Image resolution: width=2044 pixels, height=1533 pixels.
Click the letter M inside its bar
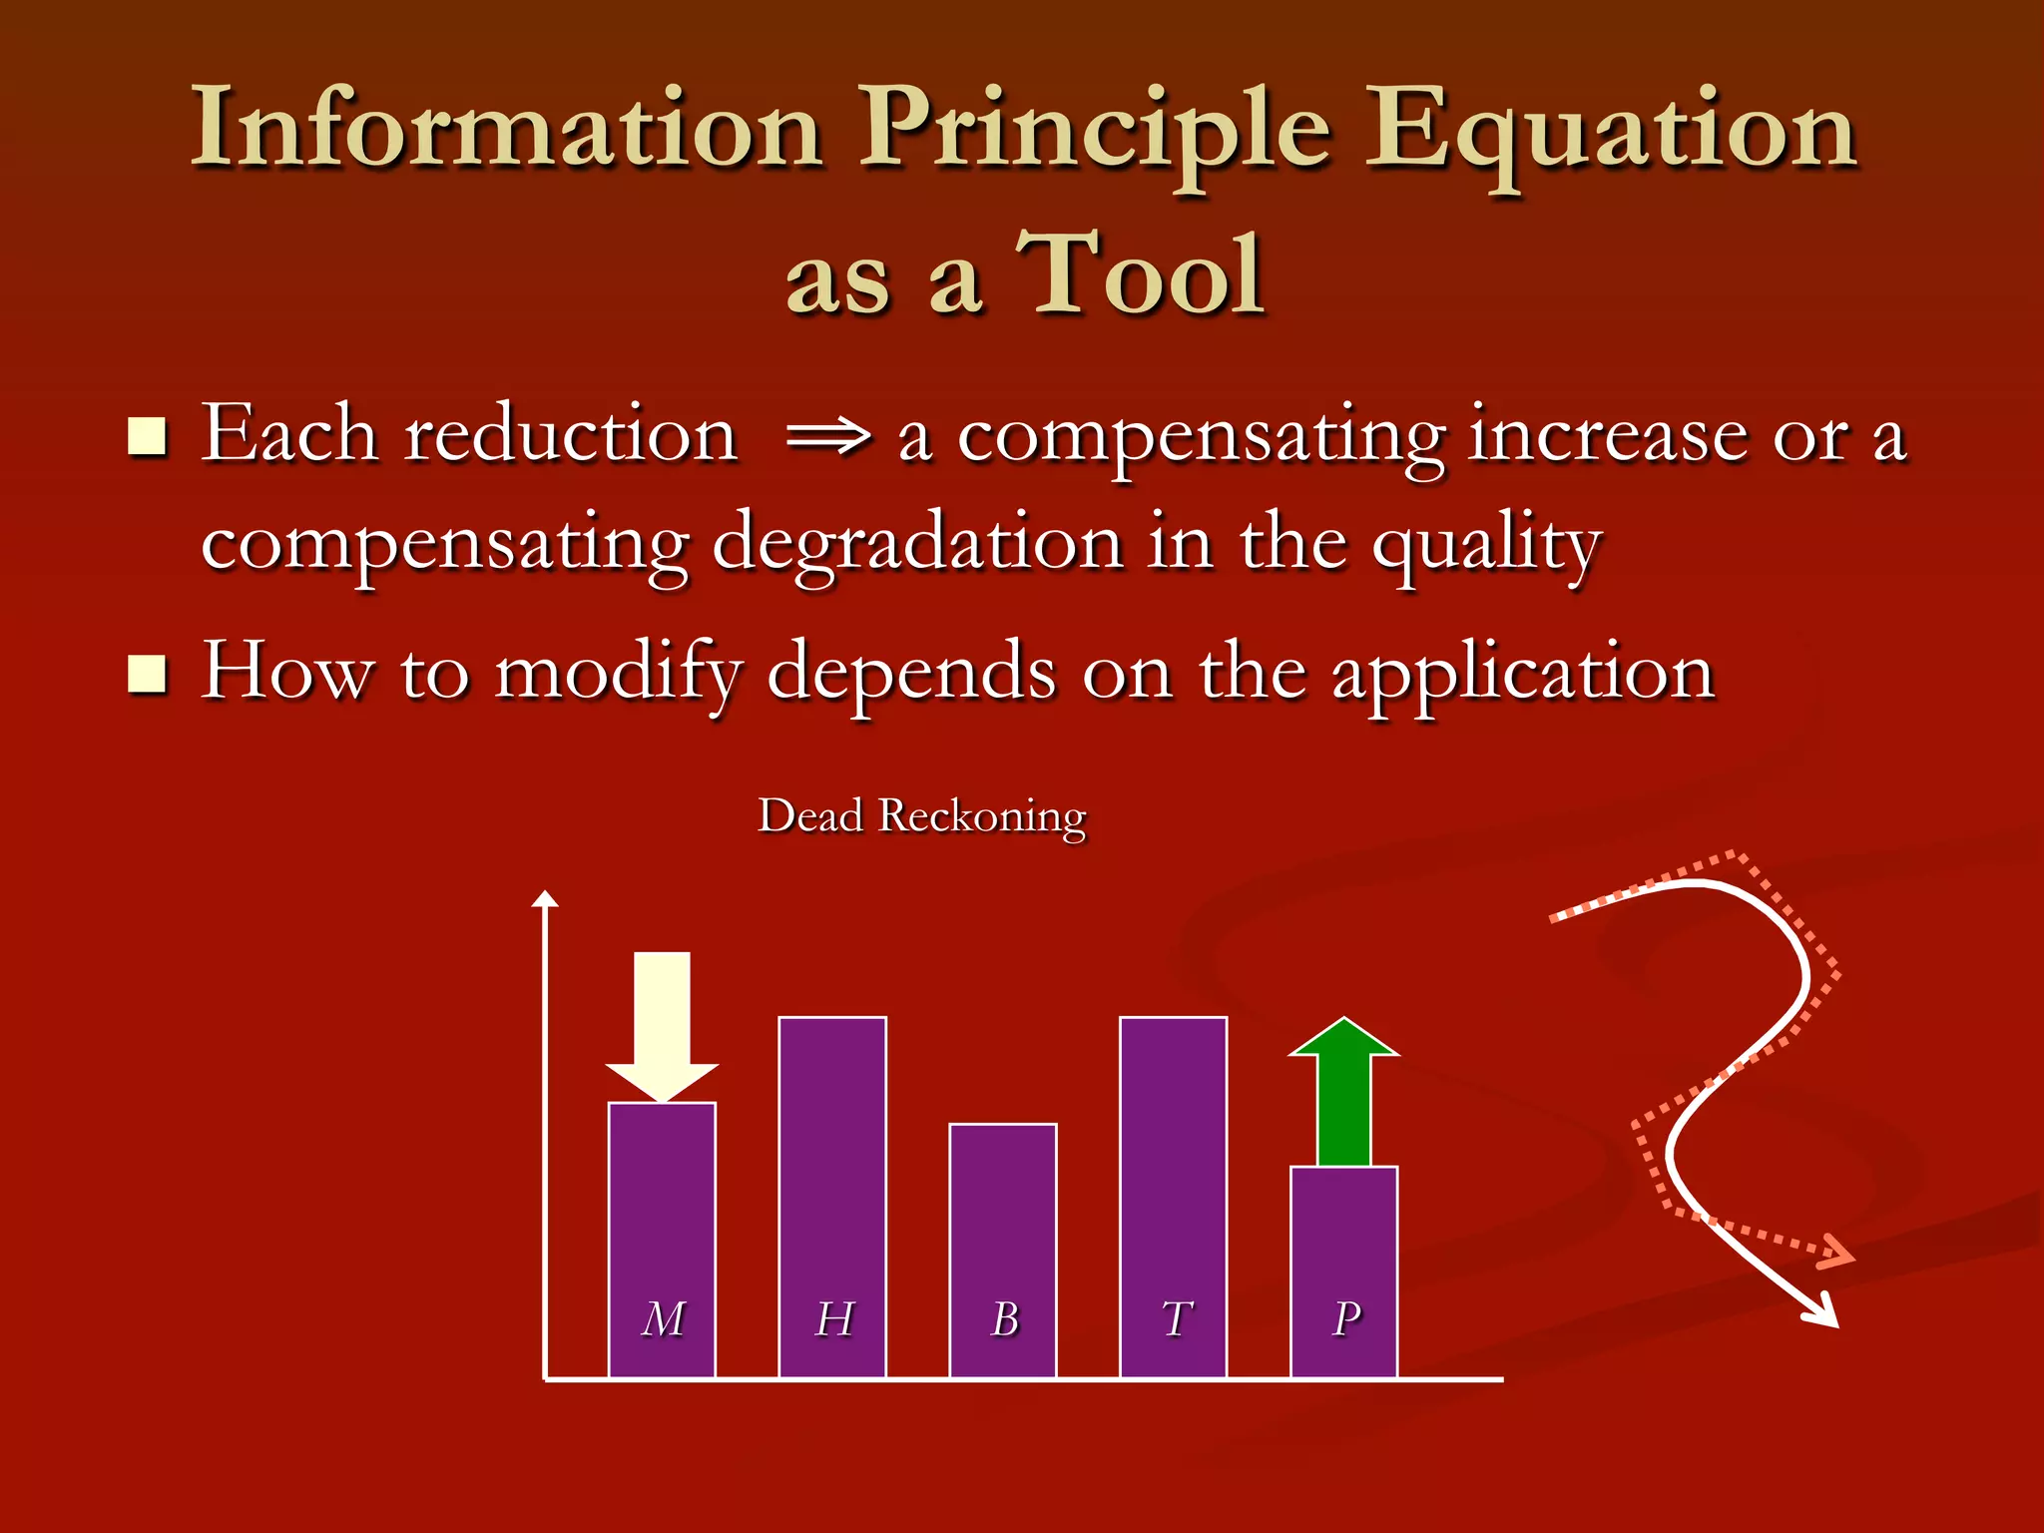(663, 1318)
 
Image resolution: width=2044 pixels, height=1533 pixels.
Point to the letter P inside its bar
(1346, 1318)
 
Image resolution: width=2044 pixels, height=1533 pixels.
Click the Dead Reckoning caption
(921, 816)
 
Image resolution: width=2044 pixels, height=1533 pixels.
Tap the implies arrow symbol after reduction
(827, 437)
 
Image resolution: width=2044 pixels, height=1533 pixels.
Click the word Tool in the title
(1141, 274)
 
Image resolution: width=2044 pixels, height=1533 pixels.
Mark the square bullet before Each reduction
(148, 437)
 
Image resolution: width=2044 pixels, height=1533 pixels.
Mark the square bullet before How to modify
(148, 674)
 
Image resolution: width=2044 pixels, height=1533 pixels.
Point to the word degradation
(917, 544)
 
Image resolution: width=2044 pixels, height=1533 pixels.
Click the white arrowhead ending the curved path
(1824, 1312)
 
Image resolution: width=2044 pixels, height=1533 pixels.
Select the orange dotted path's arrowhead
(1836, 1253)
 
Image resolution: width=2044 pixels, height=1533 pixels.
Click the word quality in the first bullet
(1486, 547)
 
